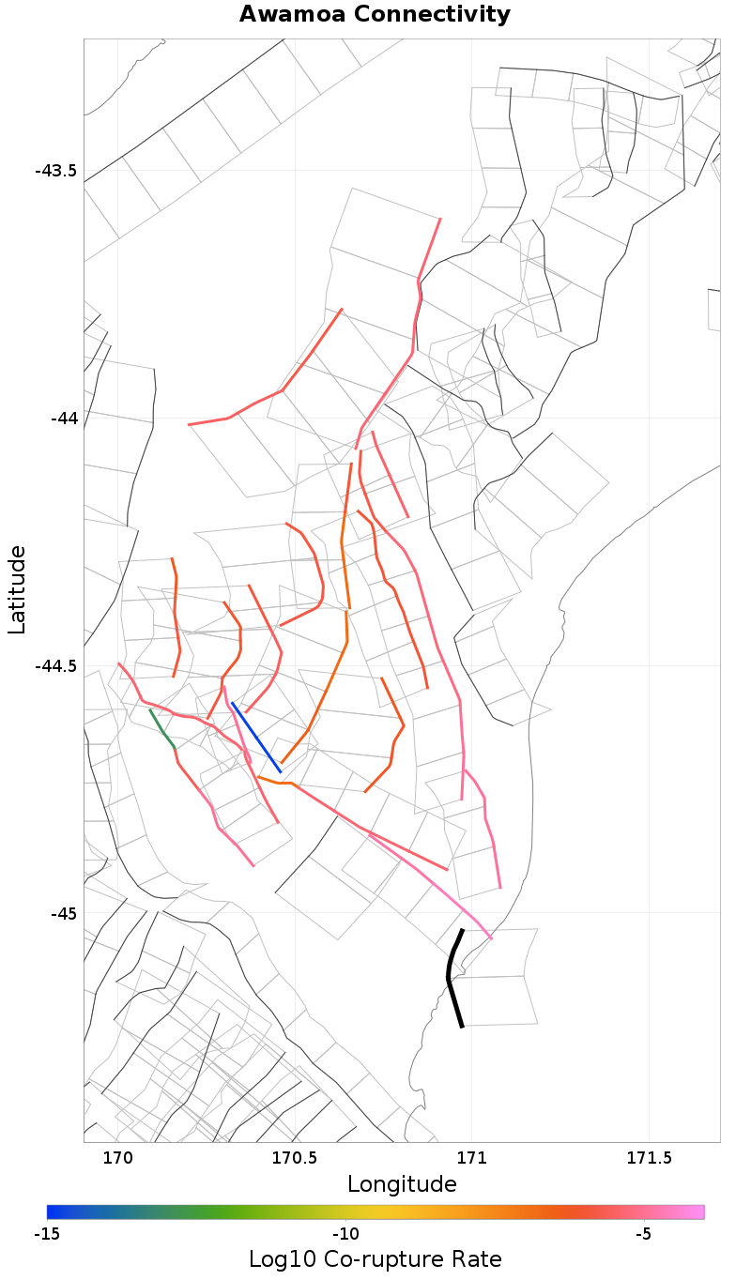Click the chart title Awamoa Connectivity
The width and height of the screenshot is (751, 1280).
(x=375, y=15)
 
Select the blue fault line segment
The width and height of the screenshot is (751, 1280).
(x=255, y=737)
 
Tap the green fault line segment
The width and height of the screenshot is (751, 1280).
(x=161, y=728)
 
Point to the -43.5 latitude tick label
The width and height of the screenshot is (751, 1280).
(x=55, y=171)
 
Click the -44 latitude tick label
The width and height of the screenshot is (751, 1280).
(x=63, y=418)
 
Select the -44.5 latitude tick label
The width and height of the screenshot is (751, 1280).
(x=55, y=666)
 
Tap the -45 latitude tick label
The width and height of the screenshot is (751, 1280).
(x=63, y=913)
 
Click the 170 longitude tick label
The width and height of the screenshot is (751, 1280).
(x=117, y=1158)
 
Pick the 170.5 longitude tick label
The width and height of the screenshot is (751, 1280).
(x=294, y=1158)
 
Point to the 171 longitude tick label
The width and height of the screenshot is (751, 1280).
(x=471, y=1158)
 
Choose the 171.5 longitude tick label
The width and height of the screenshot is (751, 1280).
(x=649, y=1158)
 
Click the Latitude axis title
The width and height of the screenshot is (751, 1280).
(x=17, y=590)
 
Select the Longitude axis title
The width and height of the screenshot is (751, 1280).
(x=402, y=1184)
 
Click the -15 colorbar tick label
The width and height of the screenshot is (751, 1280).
(x=47, y=1233)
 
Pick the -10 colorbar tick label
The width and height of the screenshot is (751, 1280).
(x=345, y=1233)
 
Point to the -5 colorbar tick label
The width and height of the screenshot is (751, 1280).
(x=643, y=1233)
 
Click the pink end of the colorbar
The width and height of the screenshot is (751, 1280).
(x=698, y=1211)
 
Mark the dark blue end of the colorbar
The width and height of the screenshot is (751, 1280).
(x=53, y=1211)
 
